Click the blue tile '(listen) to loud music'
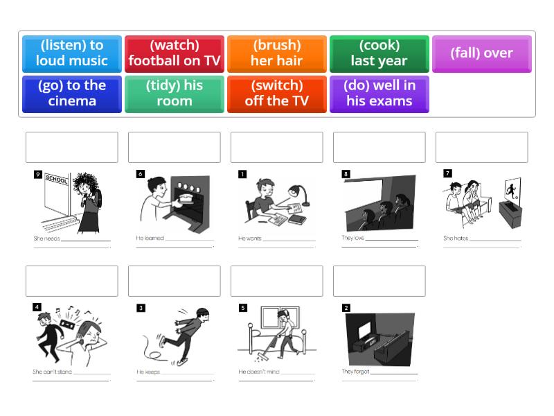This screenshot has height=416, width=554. (x=72, y=53)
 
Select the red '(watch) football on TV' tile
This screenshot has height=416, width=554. (x=175, y=53)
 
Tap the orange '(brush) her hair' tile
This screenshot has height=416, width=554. (x=277, y=53)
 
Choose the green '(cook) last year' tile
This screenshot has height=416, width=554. (x=379, y=53)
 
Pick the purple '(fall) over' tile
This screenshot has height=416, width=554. (x=482, y=53)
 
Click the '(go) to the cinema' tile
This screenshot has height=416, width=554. (x=72, y=94)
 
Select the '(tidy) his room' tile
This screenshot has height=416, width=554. (x=175, y=94)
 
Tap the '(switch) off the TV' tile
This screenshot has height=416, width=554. (x=277, y=94)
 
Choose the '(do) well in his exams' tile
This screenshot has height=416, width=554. (x=379, y=94)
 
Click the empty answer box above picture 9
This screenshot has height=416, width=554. (x=72, y=147)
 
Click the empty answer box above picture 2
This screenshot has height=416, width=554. (x=379, y=281)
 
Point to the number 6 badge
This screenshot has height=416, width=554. (x=141, y=174)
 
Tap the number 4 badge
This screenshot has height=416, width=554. (x=37, y=307)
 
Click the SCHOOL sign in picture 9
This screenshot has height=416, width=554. (x=56, y=179)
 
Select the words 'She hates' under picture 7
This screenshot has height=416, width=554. (x=456, y=239)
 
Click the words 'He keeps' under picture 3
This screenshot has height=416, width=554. (x=149, y=372)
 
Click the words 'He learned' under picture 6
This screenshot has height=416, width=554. (x=150, y=239)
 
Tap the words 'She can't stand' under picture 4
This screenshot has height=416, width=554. (x=51, y=372)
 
